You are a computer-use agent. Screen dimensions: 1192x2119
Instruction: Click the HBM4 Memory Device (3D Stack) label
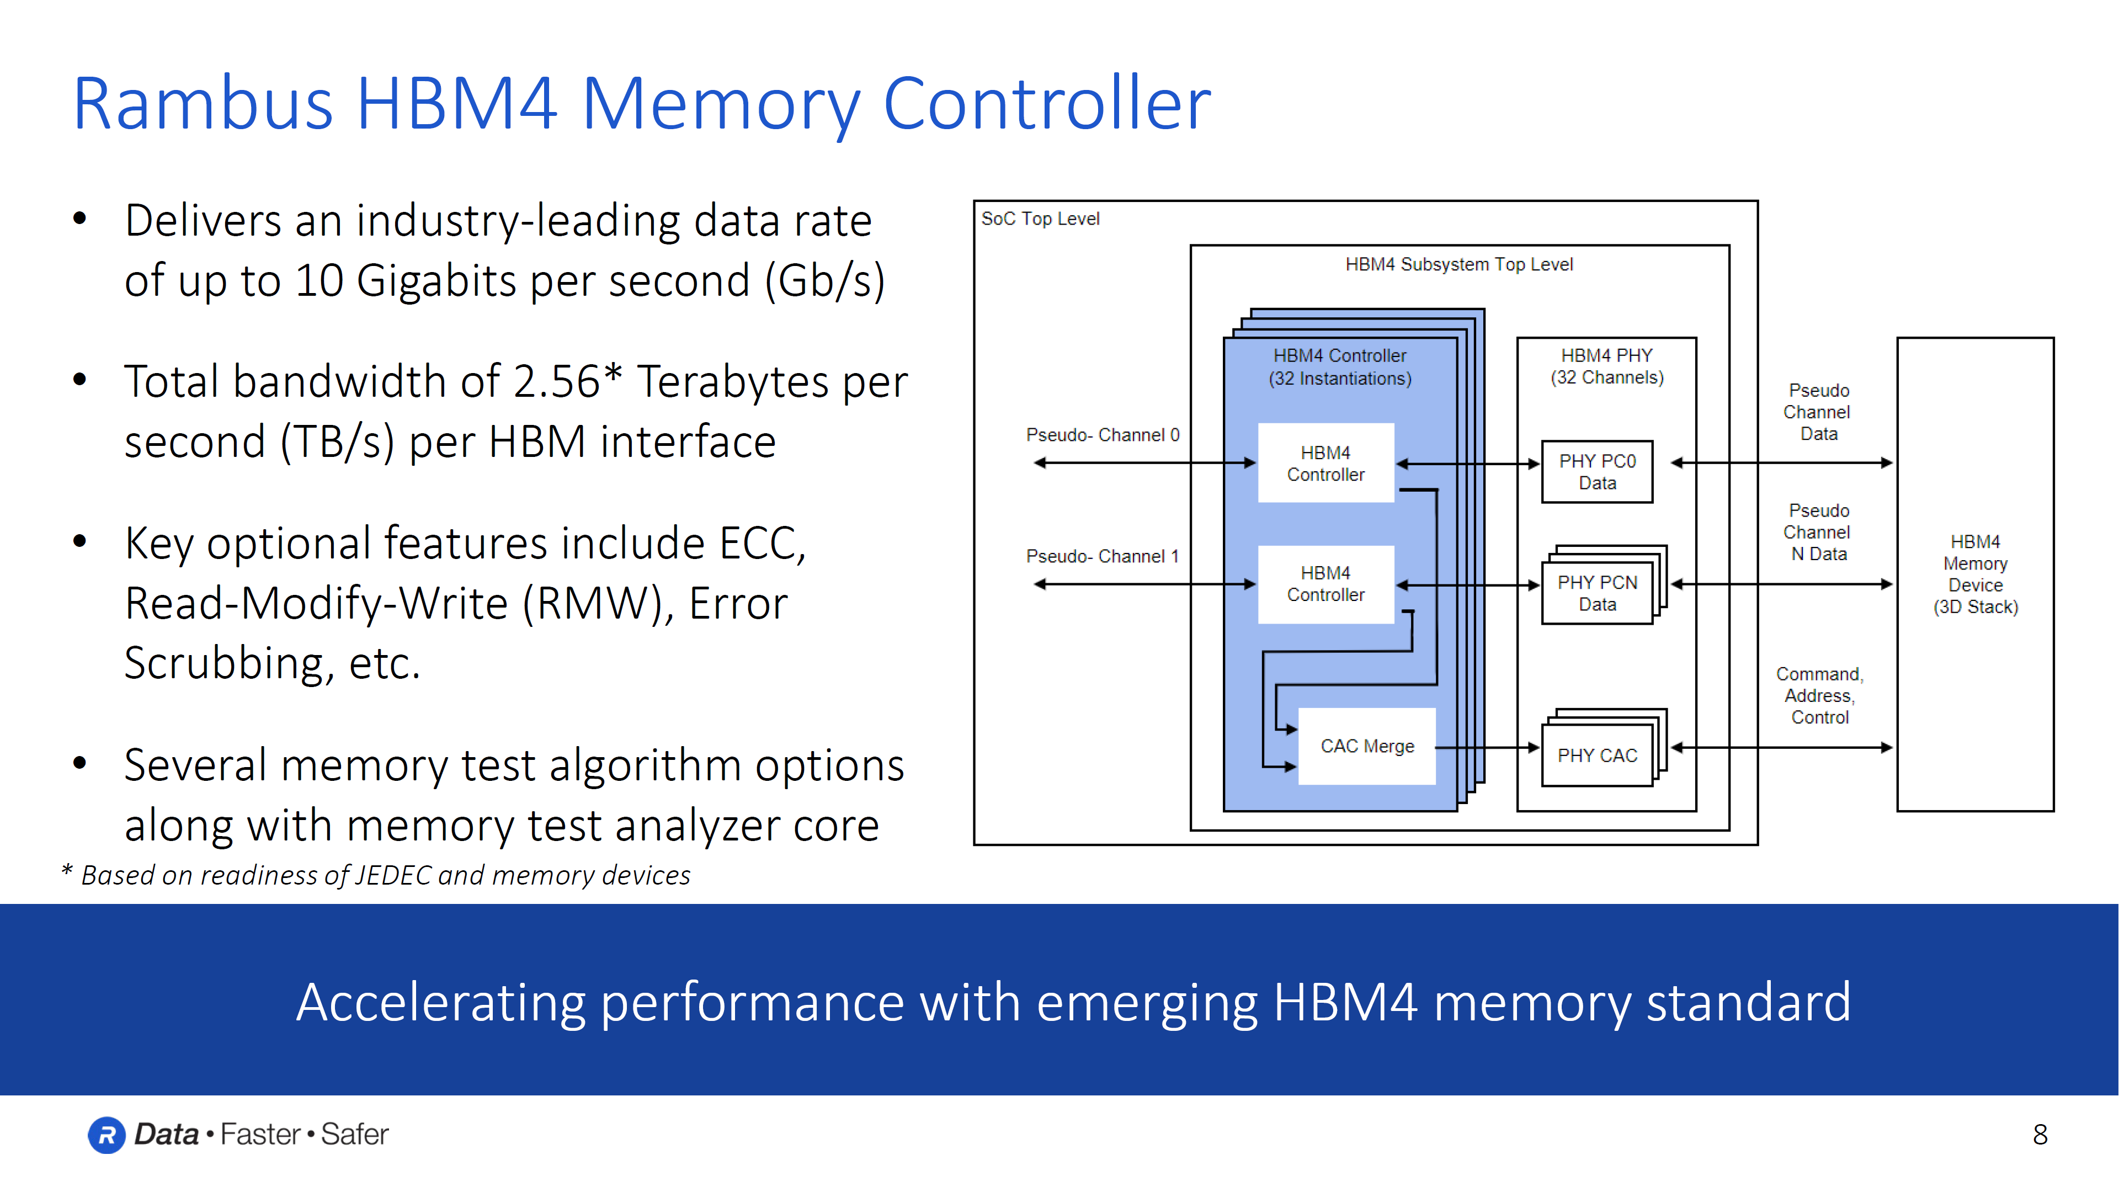click(x=1975, y=574)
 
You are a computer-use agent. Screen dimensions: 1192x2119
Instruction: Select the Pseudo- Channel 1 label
click(x=1103, y=556)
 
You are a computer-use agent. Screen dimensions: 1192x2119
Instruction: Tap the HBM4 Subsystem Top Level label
click(x=1458, y=264)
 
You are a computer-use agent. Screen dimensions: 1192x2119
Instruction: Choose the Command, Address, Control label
click(x=1819, y=696)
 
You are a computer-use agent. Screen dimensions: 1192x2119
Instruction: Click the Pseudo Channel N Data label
click(x=1818, y=532)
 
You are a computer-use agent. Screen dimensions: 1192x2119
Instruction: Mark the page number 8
click(x=2040, y=1135)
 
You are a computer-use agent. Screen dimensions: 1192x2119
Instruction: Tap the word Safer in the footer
click(x=354, y=1135)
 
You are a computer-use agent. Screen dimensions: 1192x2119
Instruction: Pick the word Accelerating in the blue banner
click(x=441, y=1003)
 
